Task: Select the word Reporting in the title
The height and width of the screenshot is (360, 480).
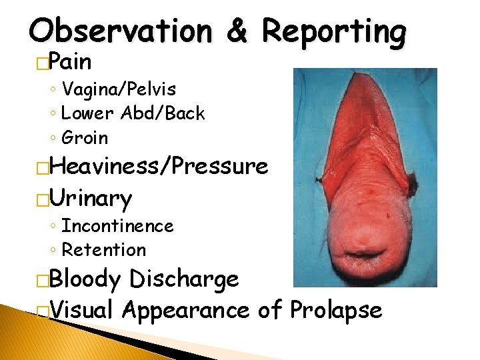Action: [333, 32]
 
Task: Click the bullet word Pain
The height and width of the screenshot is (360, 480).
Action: [70, 62]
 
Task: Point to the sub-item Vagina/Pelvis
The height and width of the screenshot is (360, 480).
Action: [119, 89]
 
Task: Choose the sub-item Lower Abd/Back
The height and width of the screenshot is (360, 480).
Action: [133, 113]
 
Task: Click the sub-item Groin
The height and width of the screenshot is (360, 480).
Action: [85, 138]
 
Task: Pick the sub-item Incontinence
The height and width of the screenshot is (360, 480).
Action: [117, 226]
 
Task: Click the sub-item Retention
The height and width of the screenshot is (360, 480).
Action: [103, 250]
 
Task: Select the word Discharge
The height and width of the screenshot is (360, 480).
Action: [185, 279]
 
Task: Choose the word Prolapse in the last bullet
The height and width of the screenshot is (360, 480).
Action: [335, 310]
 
